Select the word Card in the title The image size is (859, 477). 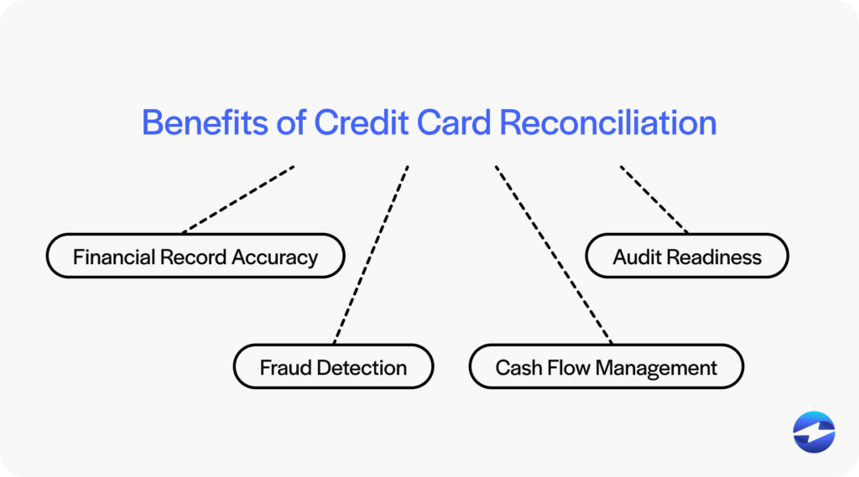coord(455,122)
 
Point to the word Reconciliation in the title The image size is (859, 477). coord(608,122)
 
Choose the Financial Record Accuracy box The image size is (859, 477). coord(195,257)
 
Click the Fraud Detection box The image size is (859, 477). coord(333,367)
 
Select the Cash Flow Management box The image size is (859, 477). coord(606,367)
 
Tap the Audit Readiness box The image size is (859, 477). coord(687,257)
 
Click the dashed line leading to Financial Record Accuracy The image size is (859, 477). coord(238,199)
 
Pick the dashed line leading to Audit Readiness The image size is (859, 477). coord(654,199)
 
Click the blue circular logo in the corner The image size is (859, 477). coord(814,432)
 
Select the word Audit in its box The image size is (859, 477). coord(638,257)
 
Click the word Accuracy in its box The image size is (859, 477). coord(276,257)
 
